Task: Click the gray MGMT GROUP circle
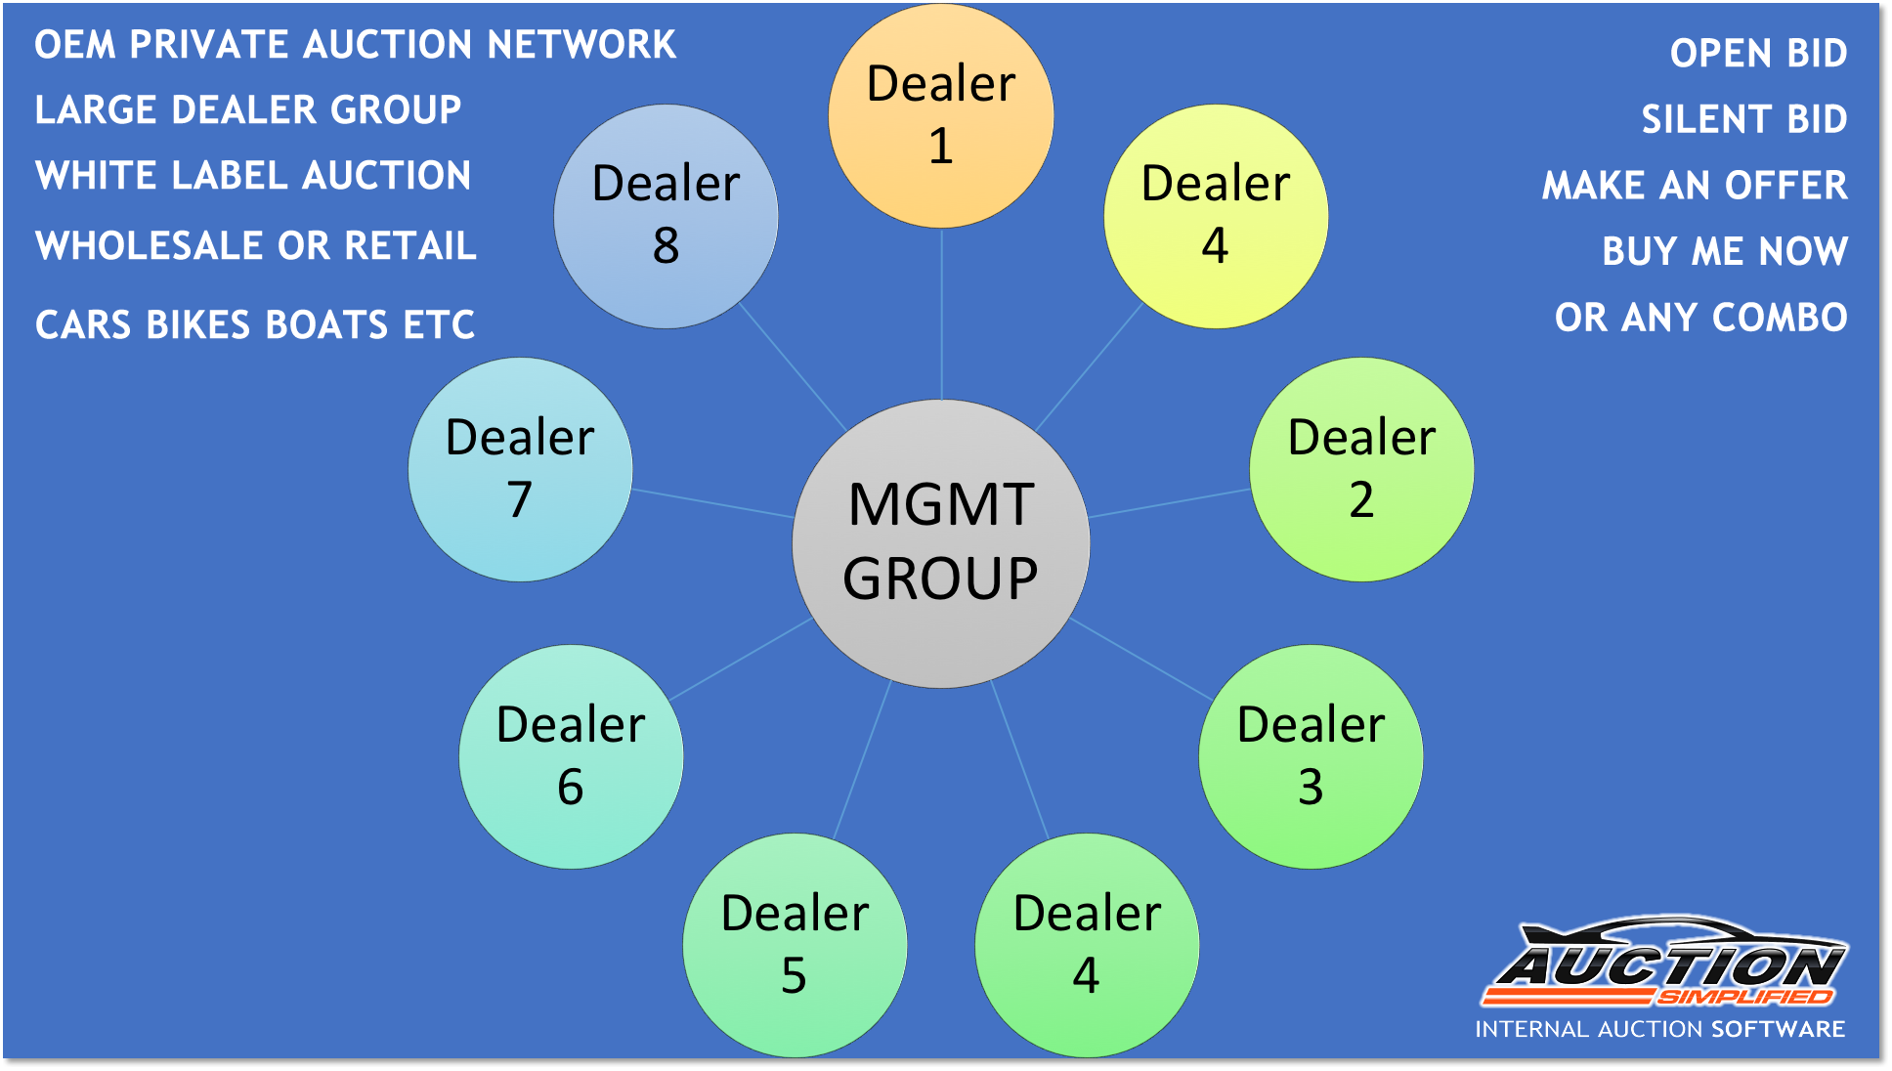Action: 940,543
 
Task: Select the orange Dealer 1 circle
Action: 940,116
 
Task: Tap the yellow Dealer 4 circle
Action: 1216,216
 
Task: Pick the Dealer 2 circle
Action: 1361,469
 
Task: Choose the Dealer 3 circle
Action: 1311,756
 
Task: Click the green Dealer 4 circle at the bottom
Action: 1087,945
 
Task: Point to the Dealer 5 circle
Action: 795,945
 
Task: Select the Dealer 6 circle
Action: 571,756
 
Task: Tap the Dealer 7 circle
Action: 520,469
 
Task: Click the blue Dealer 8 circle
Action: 666,216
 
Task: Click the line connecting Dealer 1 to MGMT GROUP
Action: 941,313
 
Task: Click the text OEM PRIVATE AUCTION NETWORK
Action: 355,45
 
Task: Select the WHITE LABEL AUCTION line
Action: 253,176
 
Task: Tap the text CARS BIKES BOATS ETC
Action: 255,324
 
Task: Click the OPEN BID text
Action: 1758,54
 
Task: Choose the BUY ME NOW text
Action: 1725,251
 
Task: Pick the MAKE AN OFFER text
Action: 1695,186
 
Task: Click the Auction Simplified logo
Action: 1664,965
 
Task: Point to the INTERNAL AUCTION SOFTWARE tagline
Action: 1659,1029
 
